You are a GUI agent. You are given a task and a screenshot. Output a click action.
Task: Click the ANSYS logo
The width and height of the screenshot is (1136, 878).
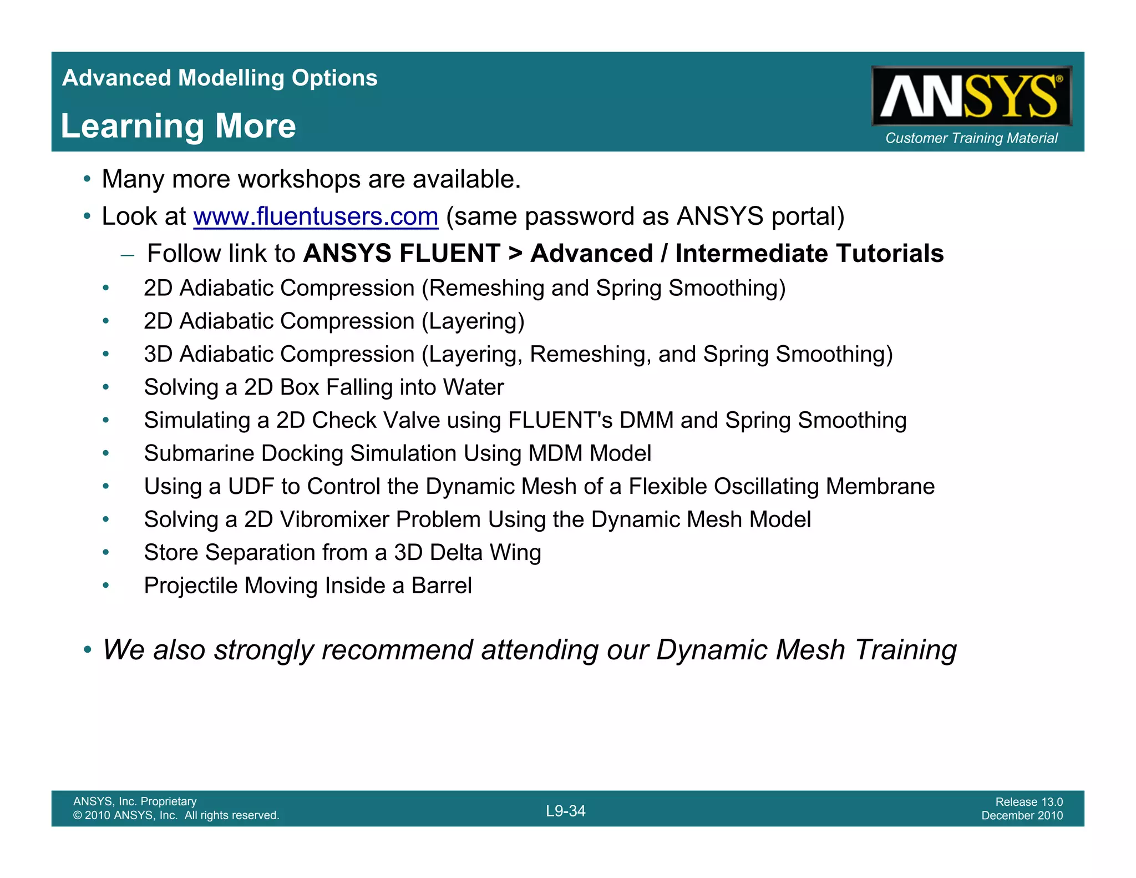click(971, 96)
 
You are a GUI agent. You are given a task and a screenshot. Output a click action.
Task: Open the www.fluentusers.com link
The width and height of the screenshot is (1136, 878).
click(316, 216)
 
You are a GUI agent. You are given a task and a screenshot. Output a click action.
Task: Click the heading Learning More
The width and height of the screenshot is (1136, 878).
click(178, 126)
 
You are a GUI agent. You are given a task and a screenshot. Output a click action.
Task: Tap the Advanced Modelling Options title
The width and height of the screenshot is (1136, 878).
click(220, 78)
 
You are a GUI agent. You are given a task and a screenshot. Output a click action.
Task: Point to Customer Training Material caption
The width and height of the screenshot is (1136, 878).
click(971, 138)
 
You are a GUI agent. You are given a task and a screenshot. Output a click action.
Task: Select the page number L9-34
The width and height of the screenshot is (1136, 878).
click(565, 811)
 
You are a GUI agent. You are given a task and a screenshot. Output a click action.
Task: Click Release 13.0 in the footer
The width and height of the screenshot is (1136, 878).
click(1028, 801)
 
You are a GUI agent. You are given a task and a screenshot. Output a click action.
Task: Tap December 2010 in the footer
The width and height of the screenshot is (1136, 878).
click(1022, 815)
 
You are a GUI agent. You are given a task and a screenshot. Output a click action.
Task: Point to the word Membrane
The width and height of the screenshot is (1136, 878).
click(880, 487)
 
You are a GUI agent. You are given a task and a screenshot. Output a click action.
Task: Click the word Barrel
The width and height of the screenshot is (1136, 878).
click(442, 586)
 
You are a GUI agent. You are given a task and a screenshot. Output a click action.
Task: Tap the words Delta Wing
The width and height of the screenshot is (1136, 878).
click(485, 553)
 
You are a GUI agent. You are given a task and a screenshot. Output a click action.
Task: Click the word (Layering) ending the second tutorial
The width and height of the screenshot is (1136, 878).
click(473, 321)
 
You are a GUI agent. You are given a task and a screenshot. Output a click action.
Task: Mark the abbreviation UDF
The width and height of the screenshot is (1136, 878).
click(251, 487)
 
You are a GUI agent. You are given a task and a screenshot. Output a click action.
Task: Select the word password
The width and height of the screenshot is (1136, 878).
click(589, 216)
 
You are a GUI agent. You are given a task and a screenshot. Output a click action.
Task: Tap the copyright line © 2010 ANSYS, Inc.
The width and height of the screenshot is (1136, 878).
click(176, 815)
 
